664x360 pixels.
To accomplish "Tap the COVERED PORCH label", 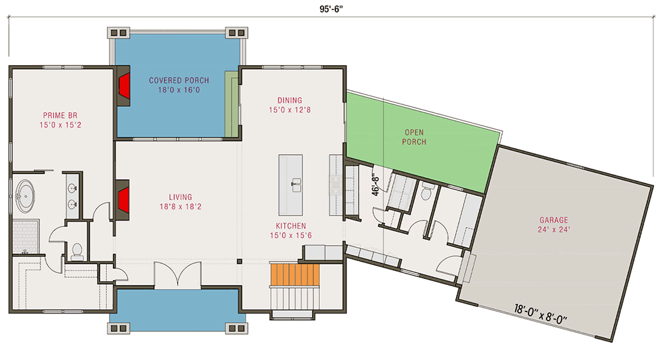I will [175, 81].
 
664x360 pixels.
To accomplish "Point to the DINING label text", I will [290, 100].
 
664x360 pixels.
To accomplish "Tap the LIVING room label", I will [180, 197].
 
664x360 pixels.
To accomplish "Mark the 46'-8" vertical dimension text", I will [376, 181].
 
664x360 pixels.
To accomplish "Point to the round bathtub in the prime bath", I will [27, 195].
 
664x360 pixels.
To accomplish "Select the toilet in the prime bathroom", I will [76, 250].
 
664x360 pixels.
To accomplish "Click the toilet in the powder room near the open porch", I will [426, 193].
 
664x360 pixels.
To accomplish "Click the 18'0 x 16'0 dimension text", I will [175, 90].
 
